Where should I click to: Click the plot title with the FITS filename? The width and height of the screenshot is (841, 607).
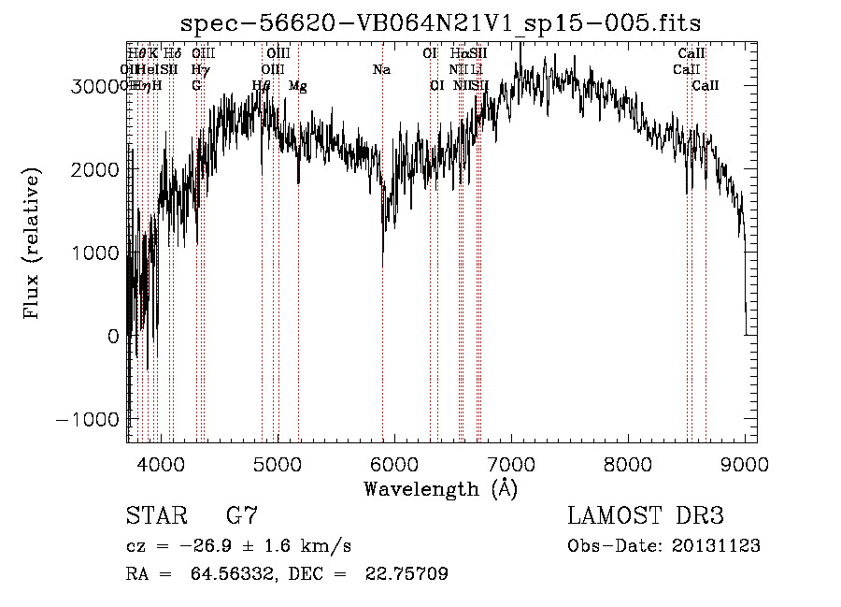pos(440,22)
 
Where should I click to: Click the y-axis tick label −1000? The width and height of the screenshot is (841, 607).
pos(90,419)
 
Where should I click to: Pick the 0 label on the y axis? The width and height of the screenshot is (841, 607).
pos(112,336)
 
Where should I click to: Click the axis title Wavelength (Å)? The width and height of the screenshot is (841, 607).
pos(440,488)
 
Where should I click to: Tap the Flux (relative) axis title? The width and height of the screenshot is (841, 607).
pos(33,244)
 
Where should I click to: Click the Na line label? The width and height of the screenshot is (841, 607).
pos(381,69)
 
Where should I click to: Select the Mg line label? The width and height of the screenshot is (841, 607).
pos(297,86)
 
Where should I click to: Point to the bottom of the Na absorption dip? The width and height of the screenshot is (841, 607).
pos(382,264)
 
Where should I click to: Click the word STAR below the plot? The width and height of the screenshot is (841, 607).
pos(154,516)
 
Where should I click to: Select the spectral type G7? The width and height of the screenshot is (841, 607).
pos(242,516)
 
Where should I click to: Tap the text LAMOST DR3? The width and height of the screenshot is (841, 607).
pos(645,516)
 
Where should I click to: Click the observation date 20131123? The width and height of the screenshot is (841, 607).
pos(716,546)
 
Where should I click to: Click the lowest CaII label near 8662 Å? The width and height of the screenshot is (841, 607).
pos(706,86)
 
